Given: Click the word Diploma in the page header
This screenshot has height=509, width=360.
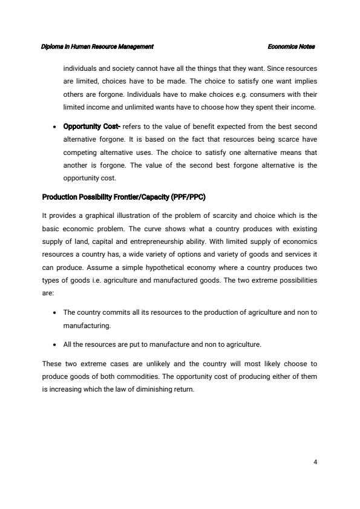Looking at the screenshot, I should pyautogui.click(x=53, y=47).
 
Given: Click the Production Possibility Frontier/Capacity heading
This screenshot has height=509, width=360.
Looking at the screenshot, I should pyautogui.click(x=124, y=197).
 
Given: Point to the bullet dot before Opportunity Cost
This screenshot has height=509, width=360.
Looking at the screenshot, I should pyautogui.click(x=56, y=126).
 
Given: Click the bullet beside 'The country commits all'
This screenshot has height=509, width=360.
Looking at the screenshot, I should pyautogui.click(x=56, y=312).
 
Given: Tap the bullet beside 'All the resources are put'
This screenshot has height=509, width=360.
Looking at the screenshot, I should pyautogui.click(x=56, y=344).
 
